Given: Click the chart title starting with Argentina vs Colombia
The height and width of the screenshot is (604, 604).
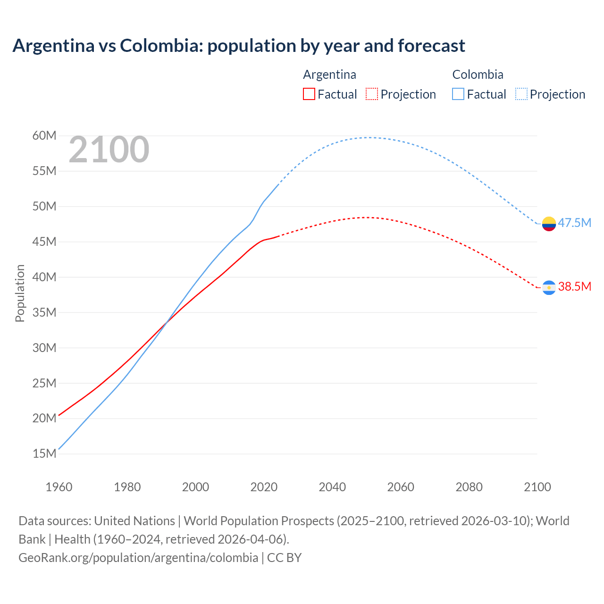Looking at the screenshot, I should coord(239,46).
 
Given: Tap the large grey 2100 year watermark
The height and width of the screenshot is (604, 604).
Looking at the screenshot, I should coord(109,150).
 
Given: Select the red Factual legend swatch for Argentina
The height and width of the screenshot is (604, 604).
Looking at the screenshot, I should coord(309,94).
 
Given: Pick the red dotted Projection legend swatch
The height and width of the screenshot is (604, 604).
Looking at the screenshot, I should coord(372,94).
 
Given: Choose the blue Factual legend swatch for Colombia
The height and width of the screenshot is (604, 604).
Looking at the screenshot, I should coord(458,94).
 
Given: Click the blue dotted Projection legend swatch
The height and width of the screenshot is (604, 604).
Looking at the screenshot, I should coord(521,94).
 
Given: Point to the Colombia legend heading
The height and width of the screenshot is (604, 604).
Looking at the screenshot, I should coord(478,75).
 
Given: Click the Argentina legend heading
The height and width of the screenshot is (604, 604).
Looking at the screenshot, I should coord(329,75).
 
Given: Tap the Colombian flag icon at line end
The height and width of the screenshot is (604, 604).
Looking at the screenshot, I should coord(549,223).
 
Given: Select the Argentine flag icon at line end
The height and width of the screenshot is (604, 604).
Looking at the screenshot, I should coord(549,287).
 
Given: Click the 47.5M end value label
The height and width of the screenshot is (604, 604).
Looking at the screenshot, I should coord(574,223).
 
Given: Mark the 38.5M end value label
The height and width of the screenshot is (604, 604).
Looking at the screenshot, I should coord(574,286).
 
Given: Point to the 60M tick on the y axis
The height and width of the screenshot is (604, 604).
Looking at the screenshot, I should coord(44,136).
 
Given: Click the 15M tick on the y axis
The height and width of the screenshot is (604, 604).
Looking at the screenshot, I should coord(44,453).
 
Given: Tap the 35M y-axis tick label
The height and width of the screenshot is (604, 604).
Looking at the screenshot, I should coord(44,312).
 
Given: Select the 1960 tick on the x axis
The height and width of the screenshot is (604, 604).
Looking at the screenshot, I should coord(59,487).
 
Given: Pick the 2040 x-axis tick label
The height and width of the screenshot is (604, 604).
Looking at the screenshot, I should coord(332,487).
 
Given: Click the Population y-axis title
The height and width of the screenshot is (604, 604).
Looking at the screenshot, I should coord(20,293).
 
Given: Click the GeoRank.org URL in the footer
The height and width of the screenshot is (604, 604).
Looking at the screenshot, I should coord(138,558).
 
